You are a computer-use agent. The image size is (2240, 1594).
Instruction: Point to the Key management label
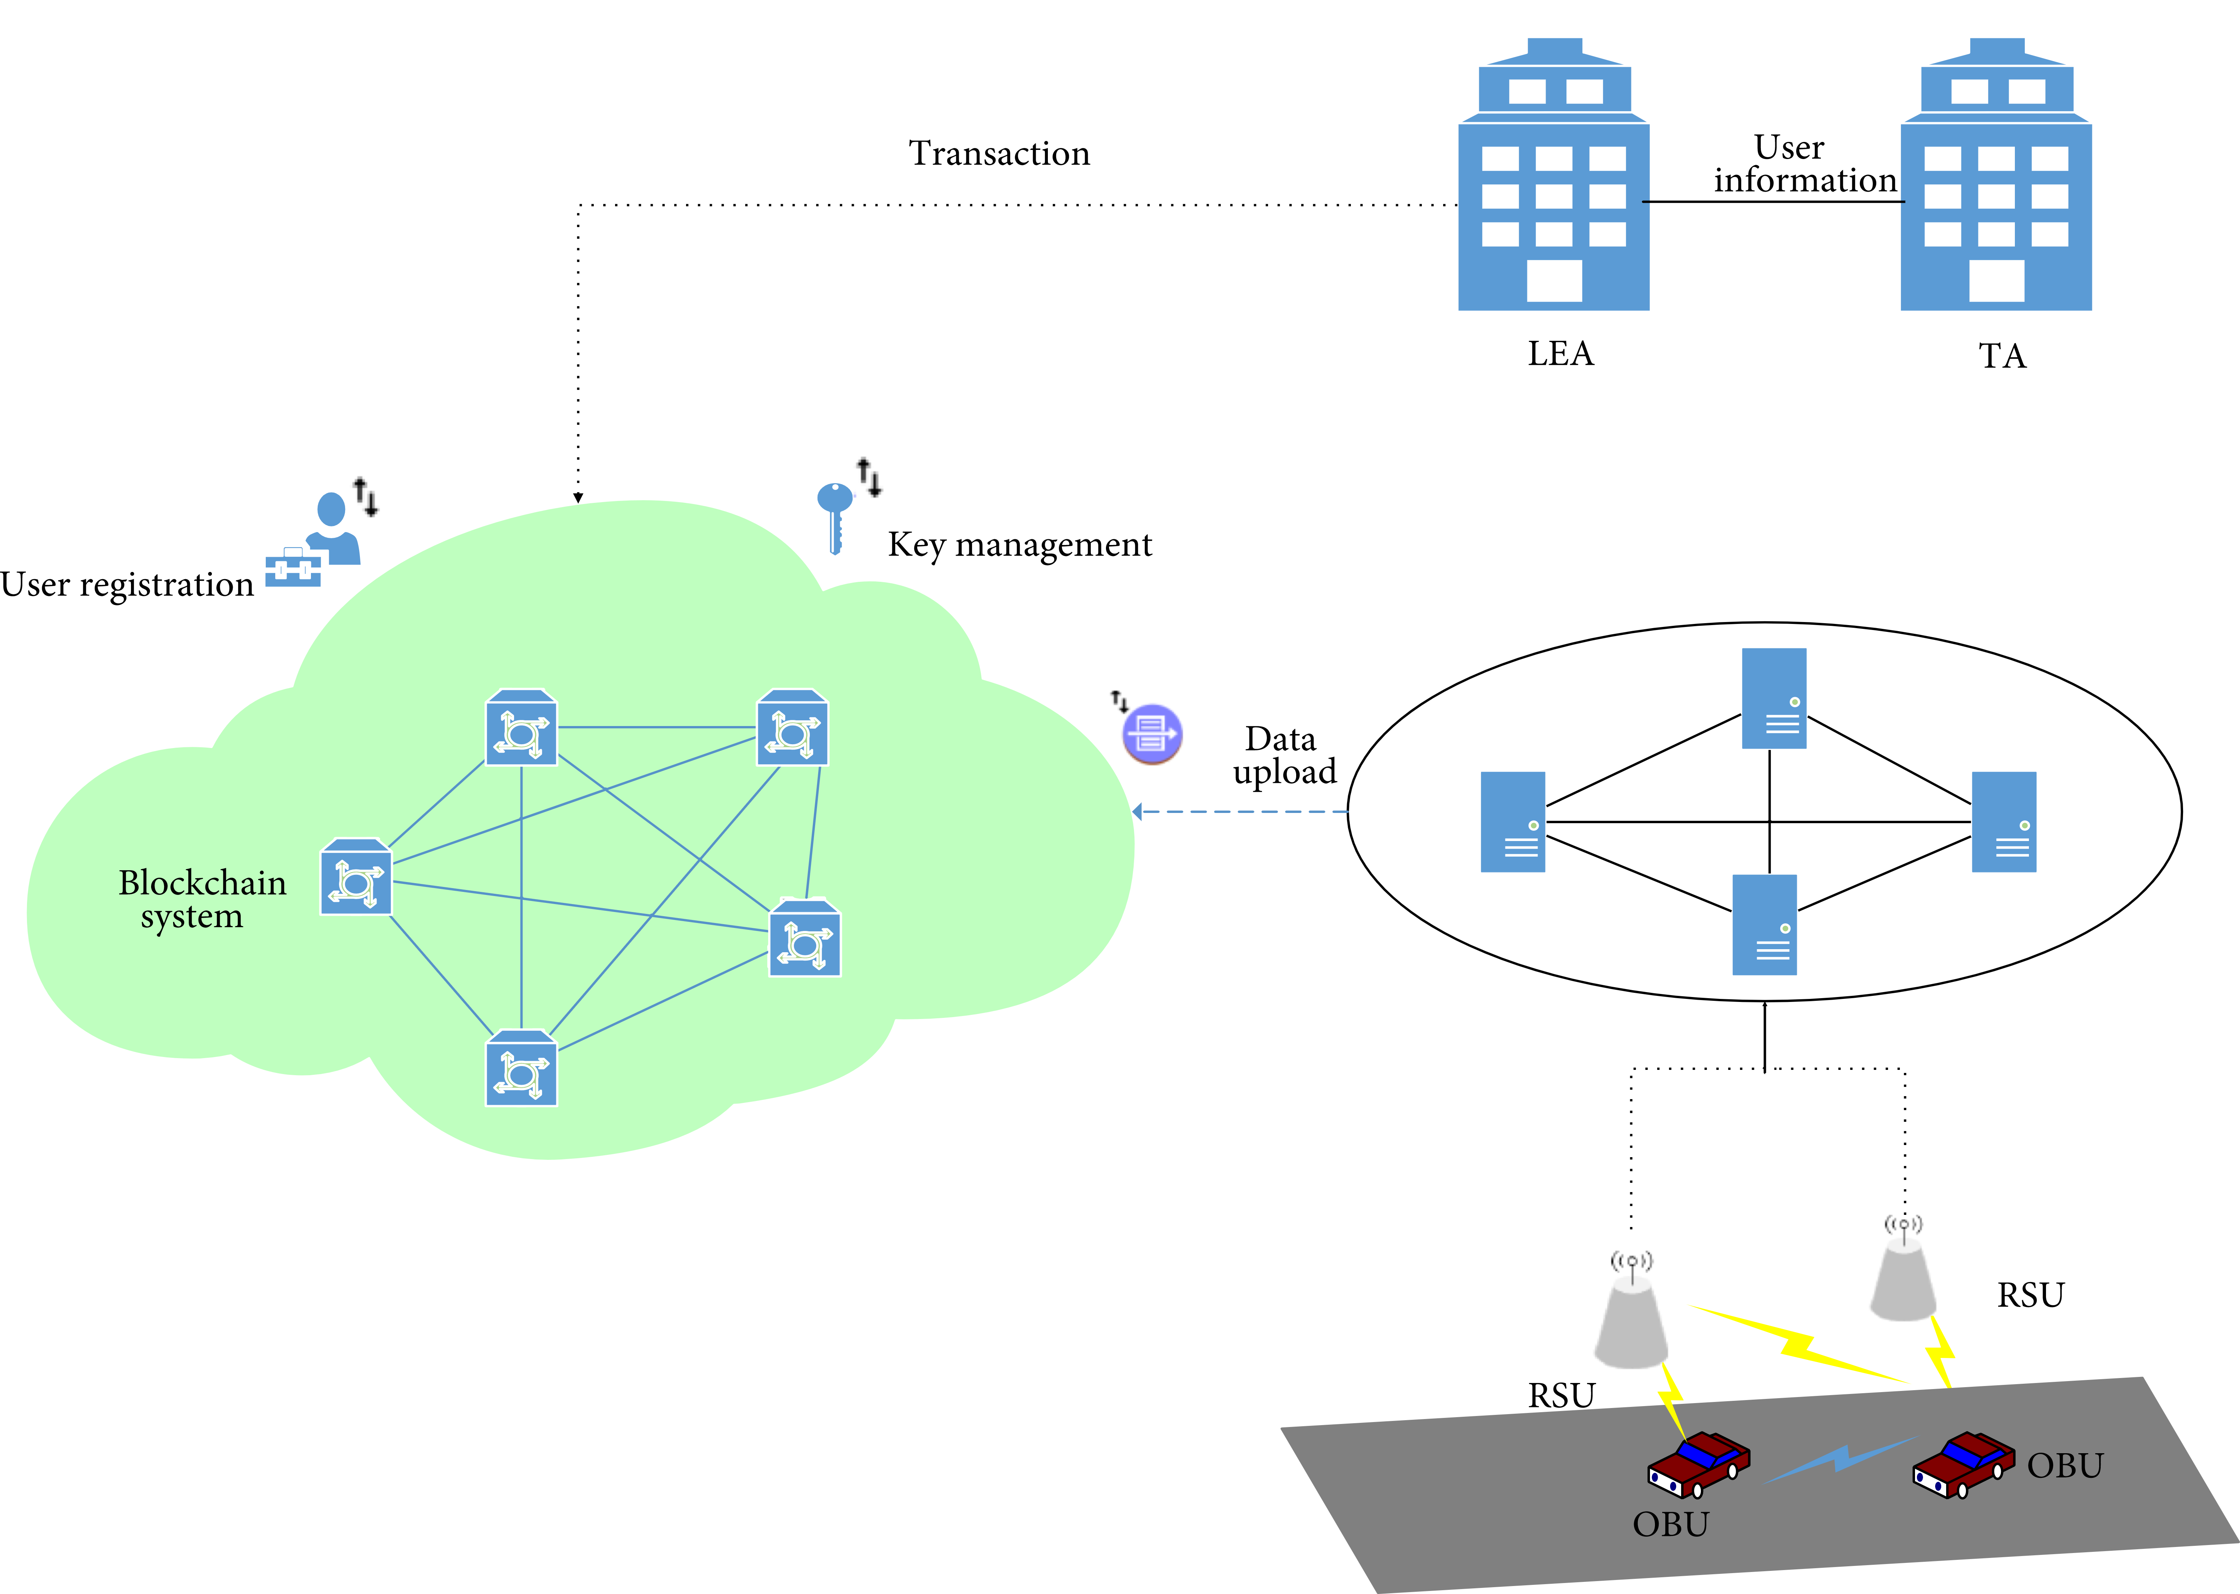tap(1019, 544)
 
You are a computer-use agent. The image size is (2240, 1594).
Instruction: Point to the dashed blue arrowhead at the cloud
tap(1138, 812)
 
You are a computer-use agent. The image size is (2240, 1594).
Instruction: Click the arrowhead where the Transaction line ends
tap(578, 498)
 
